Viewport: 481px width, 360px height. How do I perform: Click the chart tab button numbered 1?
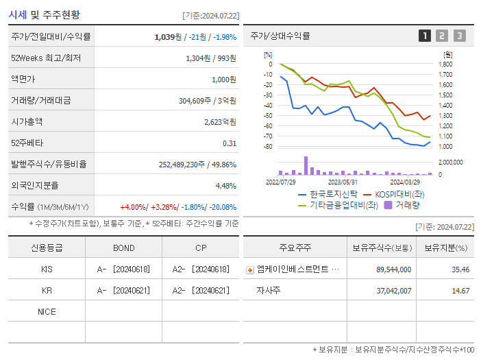point(425,36)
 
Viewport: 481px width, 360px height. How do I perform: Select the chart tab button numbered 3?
point(459,36)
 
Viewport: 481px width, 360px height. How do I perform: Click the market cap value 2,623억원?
point(220,121)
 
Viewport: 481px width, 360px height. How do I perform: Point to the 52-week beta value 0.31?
point(230,143)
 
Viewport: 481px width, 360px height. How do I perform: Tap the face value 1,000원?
point(223,79)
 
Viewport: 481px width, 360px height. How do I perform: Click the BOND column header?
point(124,248)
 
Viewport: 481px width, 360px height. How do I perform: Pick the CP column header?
point(200,248)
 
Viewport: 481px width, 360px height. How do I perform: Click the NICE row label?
point(47,311)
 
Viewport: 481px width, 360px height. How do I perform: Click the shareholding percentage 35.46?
point(460,269)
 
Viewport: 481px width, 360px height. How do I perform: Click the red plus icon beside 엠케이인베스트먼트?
point(250,270)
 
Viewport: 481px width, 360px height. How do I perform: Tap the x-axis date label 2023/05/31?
point(343,182)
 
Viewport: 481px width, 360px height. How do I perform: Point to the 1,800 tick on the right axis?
point(445,64)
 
